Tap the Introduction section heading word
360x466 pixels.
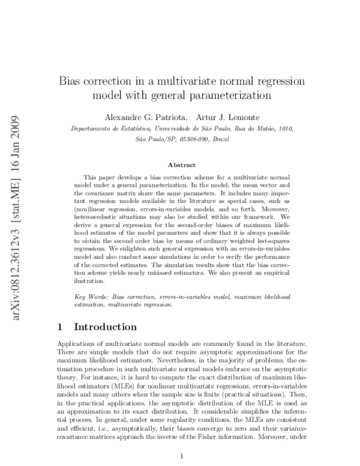pyautogui.click(x=105, y=327)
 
